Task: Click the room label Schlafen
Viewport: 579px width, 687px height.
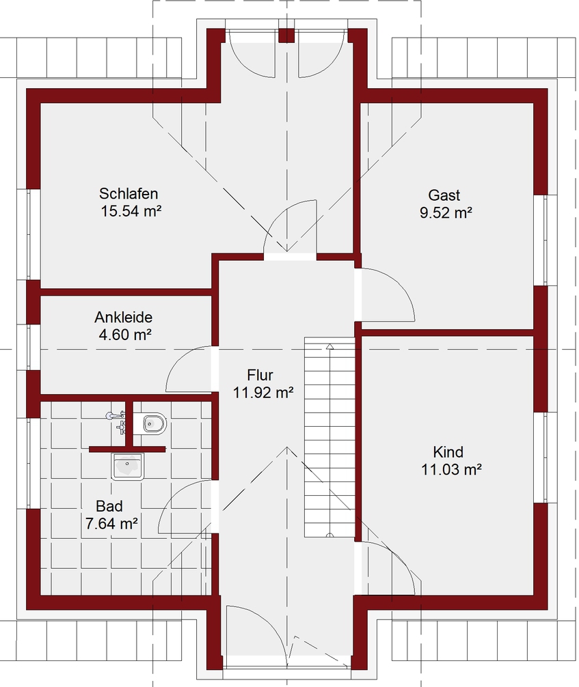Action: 129,194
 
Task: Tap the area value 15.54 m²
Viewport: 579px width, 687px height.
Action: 131,211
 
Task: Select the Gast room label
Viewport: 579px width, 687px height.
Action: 444,195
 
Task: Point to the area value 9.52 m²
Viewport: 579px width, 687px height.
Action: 446,213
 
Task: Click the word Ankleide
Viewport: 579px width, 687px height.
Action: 123,318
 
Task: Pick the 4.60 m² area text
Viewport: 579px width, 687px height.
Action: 125,335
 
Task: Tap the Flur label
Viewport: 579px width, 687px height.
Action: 260,375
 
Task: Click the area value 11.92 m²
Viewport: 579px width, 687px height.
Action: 262,393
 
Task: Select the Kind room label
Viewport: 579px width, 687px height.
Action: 448,451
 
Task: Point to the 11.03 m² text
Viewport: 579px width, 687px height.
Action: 451,470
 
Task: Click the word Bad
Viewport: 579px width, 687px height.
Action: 109,506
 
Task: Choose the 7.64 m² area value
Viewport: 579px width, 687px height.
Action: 111,524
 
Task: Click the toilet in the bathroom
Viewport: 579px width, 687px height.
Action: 151,423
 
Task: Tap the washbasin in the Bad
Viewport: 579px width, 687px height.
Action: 128,466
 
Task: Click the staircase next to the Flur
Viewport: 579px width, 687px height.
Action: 329,437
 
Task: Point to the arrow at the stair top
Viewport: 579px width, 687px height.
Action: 330,347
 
